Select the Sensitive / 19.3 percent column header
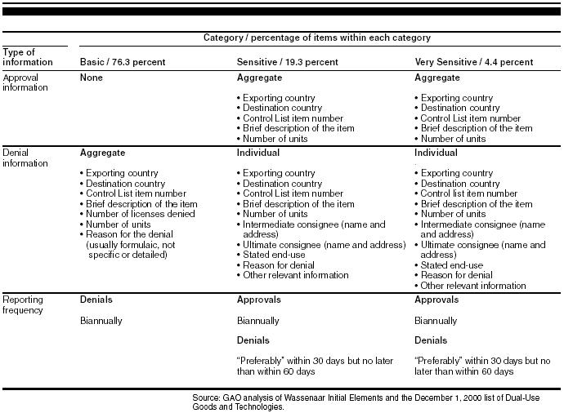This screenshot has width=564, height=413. click(287, 62)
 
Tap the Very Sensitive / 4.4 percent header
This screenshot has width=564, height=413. click(474, 62)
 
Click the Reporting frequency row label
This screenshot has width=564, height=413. click(25, 305)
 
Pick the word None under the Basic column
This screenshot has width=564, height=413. click(92, 78)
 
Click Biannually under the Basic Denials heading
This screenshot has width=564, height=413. click(101, 321)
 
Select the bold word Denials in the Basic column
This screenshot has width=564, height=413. click(96, 300)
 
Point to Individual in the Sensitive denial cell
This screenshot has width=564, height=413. click(258, 153)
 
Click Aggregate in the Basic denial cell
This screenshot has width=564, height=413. click(102, 153)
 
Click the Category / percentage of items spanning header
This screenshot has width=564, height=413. click(317, 38)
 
